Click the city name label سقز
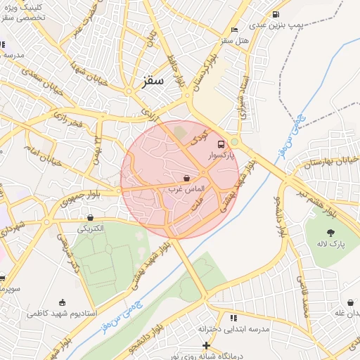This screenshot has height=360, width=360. click(x=152, y=80)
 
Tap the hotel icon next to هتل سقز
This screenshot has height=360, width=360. click(x=234, y=30)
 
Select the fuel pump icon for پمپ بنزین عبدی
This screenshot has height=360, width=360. click(x=275, y=13)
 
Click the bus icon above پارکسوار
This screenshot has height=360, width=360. click(x=221, y=143)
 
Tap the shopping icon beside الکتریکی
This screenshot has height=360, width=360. click(x=91, y=218)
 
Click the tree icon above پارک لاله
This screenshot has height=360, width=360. click(x=330, y=233)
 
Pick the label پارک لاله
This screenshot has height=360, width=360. click(x=330, y=245)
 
